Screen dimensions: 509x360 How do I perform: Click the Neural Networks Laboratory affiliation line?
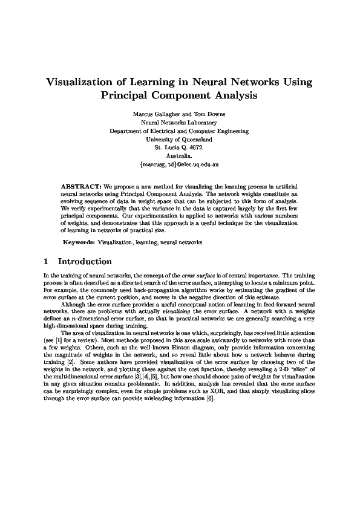click(179, 122)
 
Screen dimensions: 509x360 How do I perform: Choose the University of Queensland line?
click(179, 139)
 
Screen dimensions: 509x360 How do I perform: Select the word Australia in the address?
click(179, 155)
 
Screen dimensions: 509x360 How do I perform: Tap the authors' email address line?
click(179, 164)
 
